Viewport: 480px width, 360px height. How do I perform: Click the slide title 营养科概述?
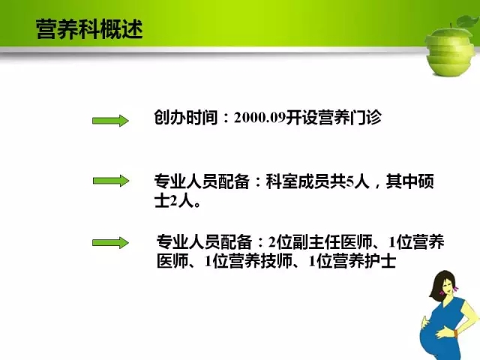click(89, 29)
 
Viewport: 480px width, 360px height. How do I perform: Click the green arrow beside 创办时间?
click(110, 121)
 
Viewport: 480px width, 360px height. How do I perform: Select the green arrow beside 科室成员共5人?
click(111, 181)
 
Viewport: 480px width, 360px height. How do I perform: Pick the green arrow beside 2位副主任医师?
click(110, 243)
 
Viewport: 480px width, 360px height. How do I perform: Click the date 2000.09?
click(259, 118)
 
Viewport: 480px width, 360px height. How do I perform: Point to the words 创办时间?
click(186, 118)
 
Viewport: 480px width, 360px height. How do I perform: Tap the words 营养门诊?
click(349, 118)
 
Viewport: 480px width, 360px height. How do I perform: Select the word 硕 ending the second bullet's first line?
click(425, 181)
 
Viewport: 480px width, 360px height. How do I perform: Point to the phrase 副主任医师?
click(332, 242)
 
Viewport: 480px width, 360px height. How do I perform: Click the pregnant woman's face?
click(447, 288)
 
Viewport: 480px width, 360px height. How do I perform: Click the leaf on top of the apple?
click(467, 22)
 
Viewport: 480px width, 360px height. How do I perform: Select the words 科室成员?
click(298, 181)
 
